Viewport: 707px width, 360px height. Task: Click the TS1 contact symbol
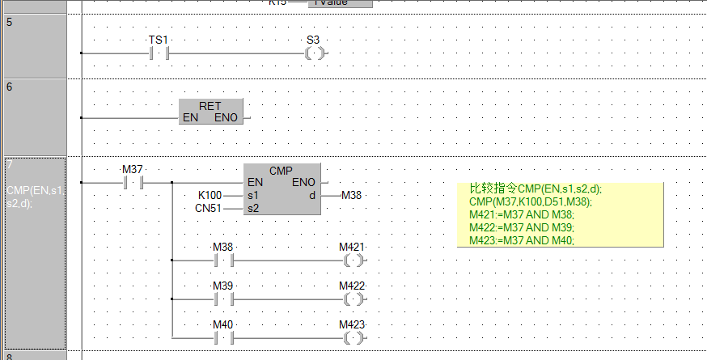pyautogui.click(x=158, y=53)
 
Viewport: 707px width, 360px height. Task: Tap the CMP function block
pyautogui.click(x=281, y=188)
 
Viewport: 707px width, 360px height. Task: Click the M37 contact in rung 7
pyautogui.click(x=132, y=183)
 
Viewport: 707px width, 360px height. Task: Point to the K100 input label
pyautogui.click(x=210, y=196)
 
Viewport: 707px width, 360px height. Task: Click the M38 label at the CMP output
pyautogui.click(x=351, y=195)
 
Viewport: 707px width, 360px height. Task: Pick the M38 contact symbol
pyautogui.click(x=222, y=260)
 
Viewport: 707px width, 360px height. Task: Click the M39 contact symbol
pyautogui.click(x=222, y=299)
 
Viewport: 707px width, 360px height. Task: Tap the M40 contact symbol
pyautogui.click(x=222, y=336)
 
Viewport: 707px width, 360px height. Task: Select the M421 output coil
pyautogui.click(x=353, y=260)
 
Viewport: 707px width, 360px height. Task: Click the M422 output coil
pyautogui.click(x=353, y=299)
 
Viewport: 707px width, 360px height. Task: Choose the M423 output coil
pyautogui.click(x=353, y=336)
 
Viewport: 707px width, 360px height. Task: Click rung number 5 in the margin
pyautogui.click(x=9, y=22)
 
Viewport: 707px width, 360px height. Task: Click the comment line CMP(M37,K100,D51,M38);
pyautogui.click(x=530, y=201)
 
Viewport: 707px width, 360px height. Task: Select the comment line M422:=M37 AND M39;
pyautogui.click(x=521, y=227)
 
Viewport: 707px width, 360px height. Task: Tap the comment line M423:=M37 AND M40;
pyautogui.click(x=521, y=240)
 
